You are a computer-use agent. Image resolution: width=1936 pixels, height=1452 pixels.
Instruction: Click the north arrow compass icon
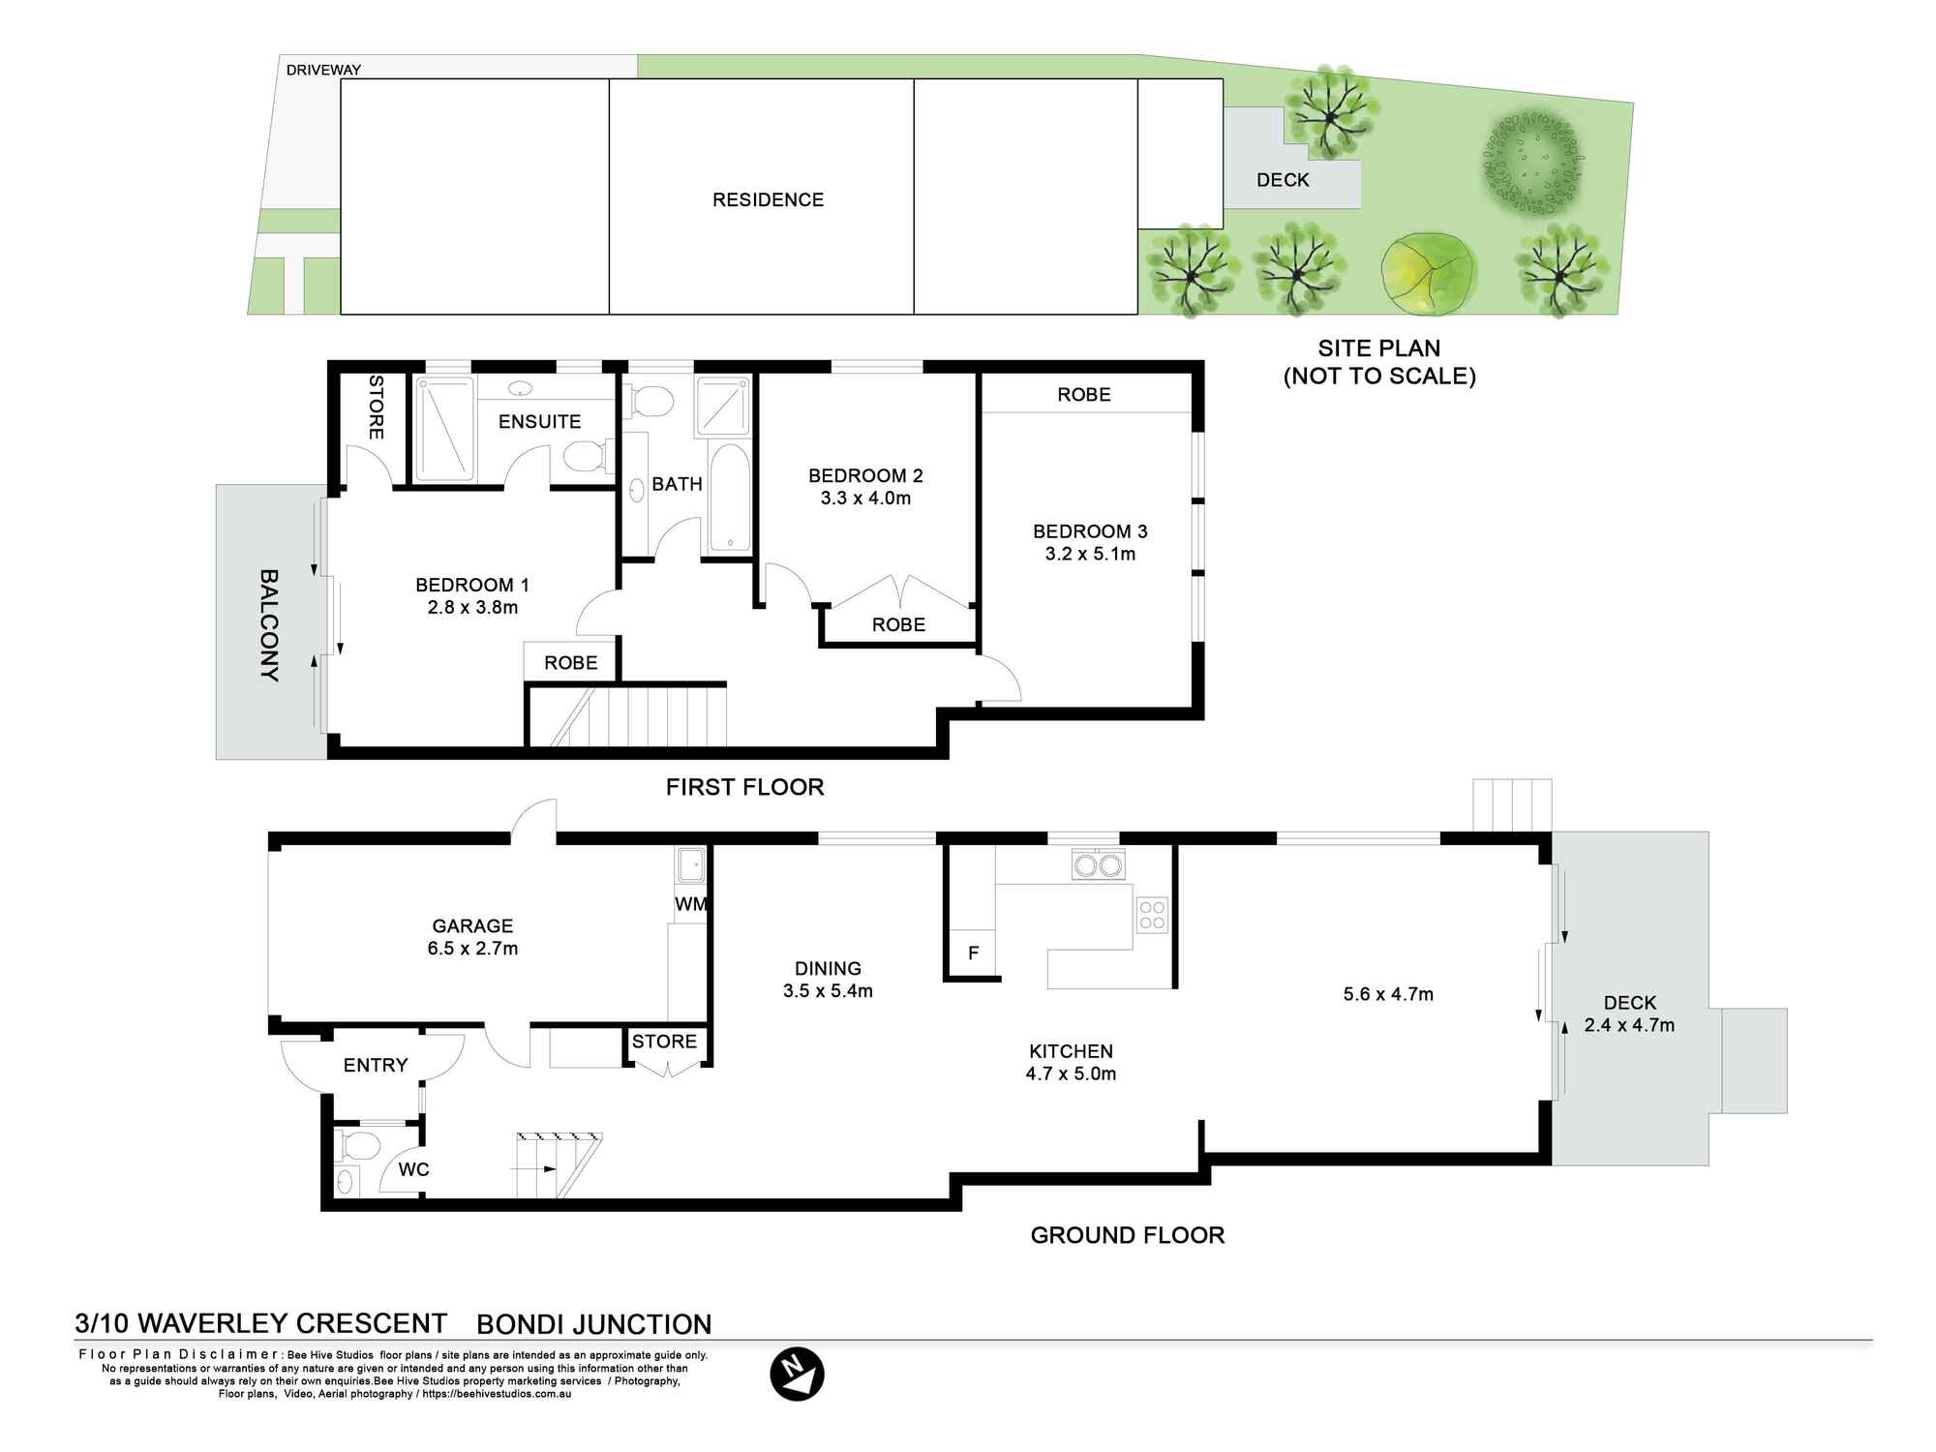pos(797,1374)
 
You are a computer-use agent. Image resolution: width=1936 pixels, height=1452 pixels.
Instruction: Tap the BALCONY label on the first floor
pos(270,625)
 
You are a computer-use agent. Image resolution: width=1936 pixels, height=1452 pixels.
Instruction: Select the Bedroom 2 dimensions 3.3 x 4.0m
pos(865,499)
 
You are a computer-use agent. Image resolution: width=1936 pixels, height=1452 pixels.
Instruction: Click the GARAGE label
pos(472,926)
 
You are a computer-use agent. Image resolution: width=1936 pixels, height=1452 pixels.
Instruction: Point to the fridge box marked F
pos(973,953)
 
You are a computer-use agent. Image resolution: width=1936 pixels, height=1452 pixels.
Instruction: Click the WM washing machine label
pos(690,904)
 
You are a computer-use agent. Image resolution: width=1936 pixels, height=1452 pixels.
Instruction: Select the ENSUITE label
pos(539,422)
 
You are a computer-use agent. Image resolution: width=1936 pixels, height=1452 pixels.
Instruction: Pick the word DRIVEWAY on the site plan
pos(323,70)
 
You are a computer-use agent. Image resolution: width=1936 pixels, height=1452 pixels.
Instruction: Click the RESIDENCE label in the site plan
pos(769,200)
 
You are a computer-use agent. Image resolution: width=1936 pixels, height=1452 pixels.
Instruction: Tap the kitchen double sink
pos(1098,863)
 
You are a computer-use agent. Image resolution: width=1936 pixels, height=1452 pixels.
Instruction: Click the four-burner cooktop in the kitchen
pos(1152,915)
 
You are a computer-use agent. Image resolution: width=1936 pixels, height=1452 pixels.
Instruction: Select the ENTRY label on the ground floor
pos(376,1066)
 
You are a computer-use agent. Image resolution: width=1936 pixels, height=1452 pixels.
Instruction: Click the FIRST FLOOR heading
pos(745,787)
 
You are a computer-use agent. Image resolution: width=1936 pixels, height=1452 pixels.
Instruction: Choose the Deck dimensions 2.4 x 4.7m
pos(1629,1025)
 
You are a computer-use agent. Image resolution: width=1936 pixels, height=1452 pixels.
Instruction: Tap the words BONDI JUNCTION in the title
pos(594,1324)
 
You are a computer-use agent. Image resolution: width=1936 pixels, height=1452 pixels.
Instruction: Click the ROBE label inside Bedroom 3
pos(1084,395)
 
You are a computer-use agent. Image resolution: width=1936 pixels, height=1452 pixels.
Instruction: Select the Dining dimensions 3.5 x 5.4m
pos(828,991)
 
